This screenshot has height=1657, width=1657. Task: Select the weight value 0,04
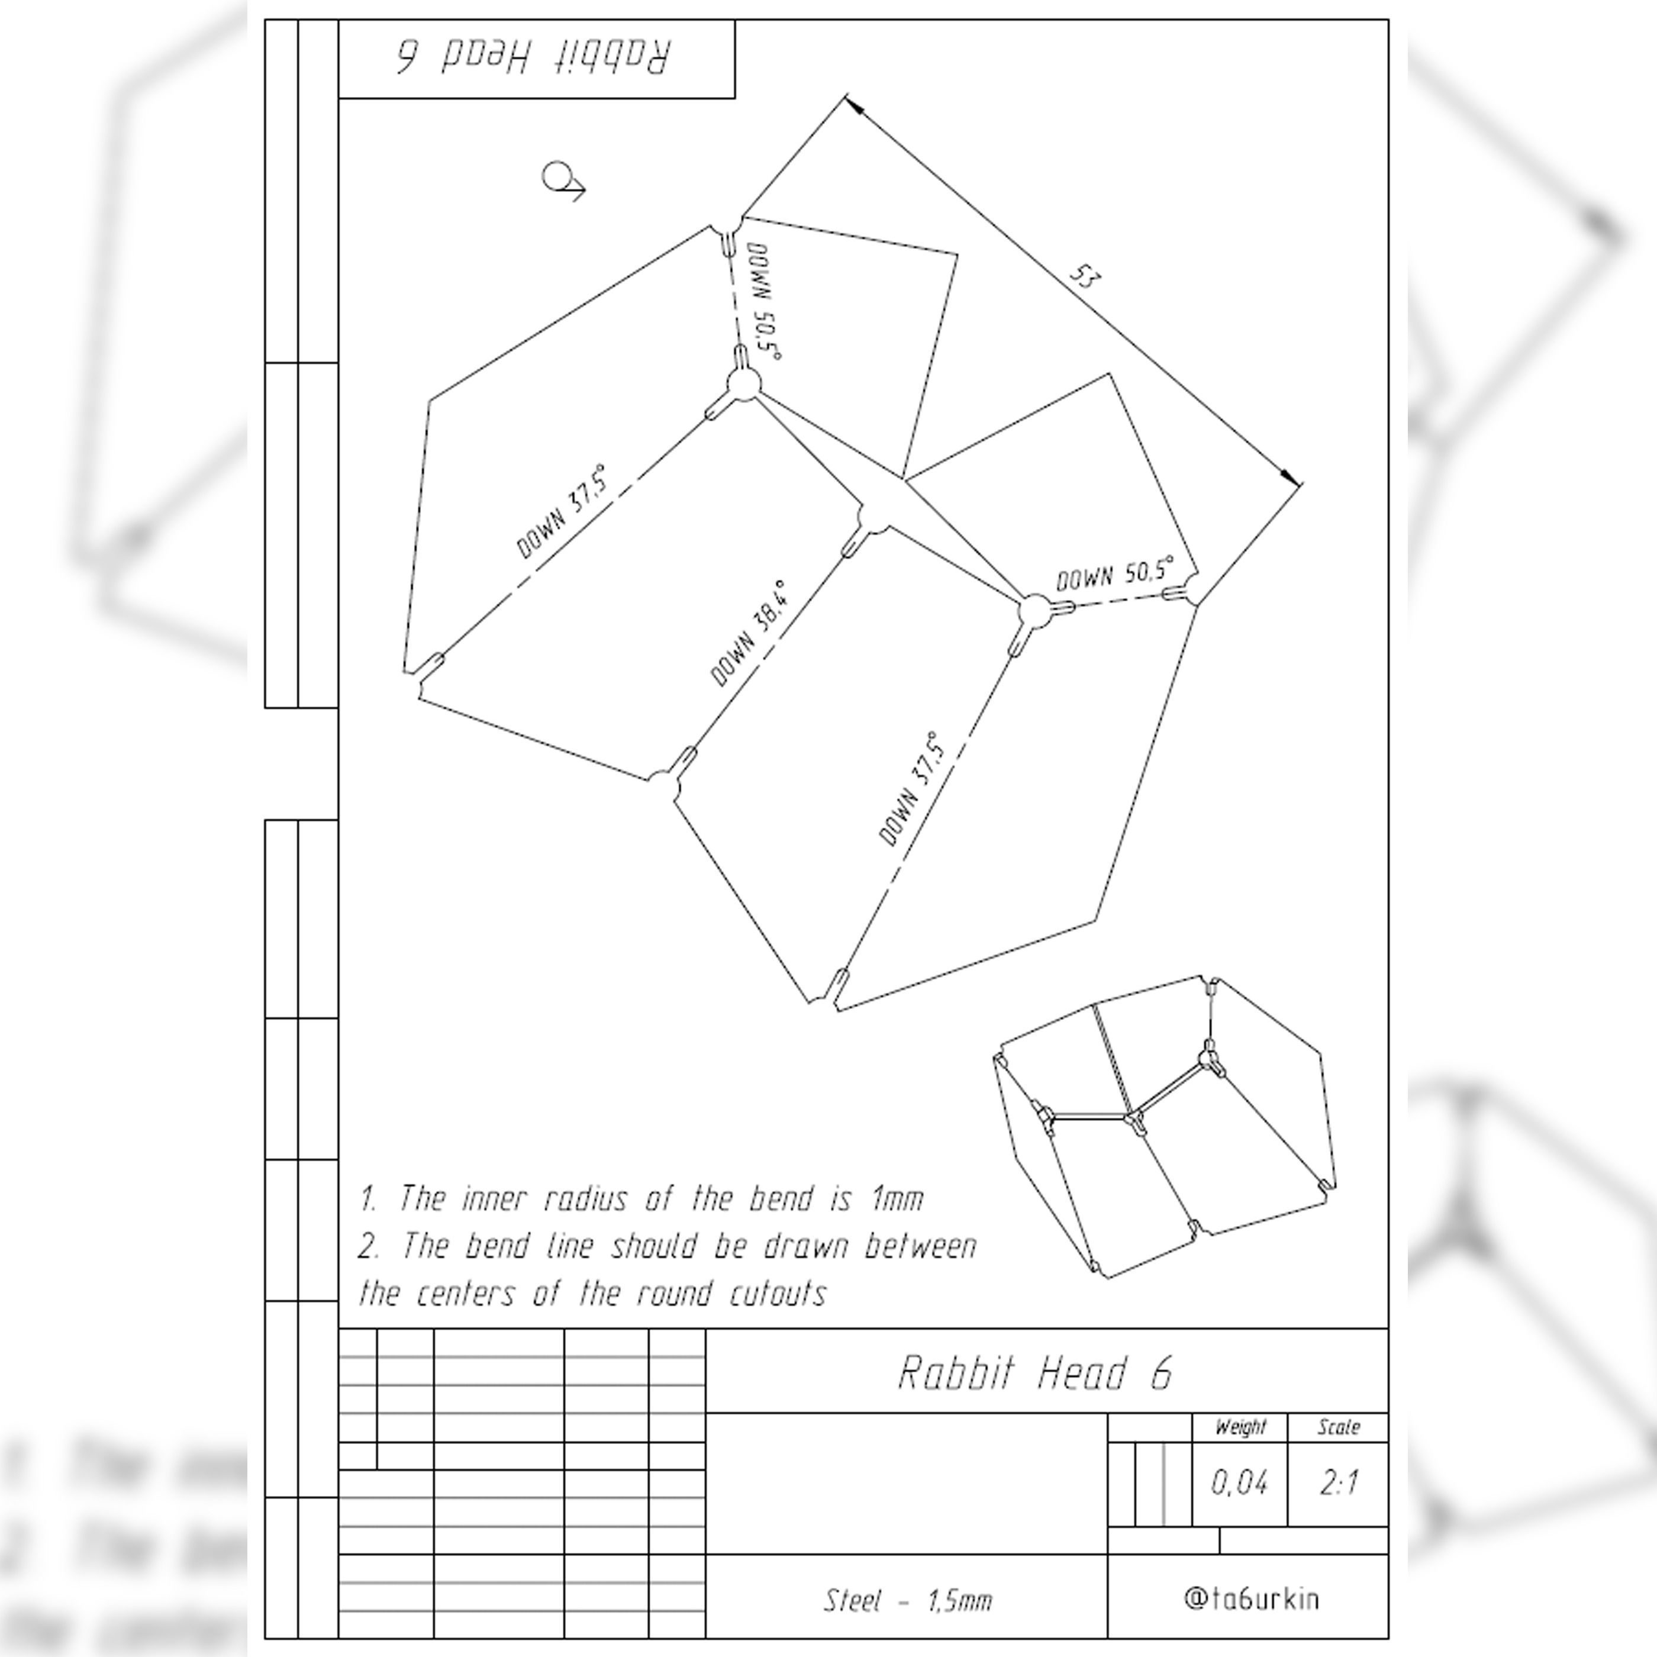click(1239, 1482)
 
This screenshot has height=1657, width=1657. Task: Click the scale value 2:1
click(1339, 1482)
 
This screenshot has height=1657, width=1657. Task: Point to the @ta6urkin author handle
click(1251, 1598)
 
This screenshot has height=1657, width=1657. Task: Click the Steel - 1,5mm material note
click(907, 1600)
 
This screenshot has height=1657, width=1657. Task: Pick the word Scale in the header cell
click(1339, 1427)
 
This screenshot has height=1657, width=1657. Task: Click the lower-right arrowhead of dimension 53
click(1291, 477)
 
